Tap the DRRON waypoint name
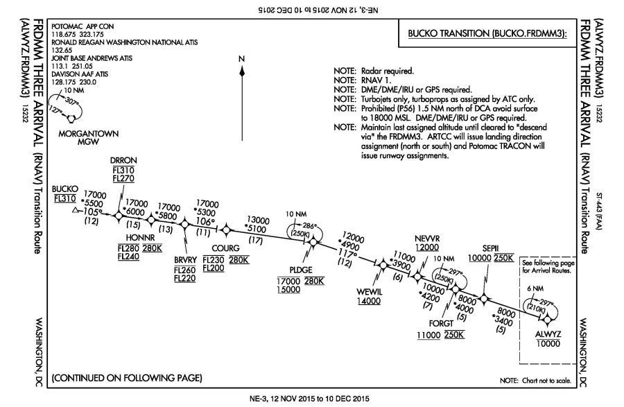point(122,159)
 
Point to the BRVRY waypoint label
point(186,259)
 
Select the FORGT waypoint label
point(440,324)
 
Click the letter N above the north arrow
point(241,59)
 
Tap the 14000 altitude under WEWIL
point(369,301)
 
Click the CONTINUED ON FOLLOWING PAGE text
point(127,378)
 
